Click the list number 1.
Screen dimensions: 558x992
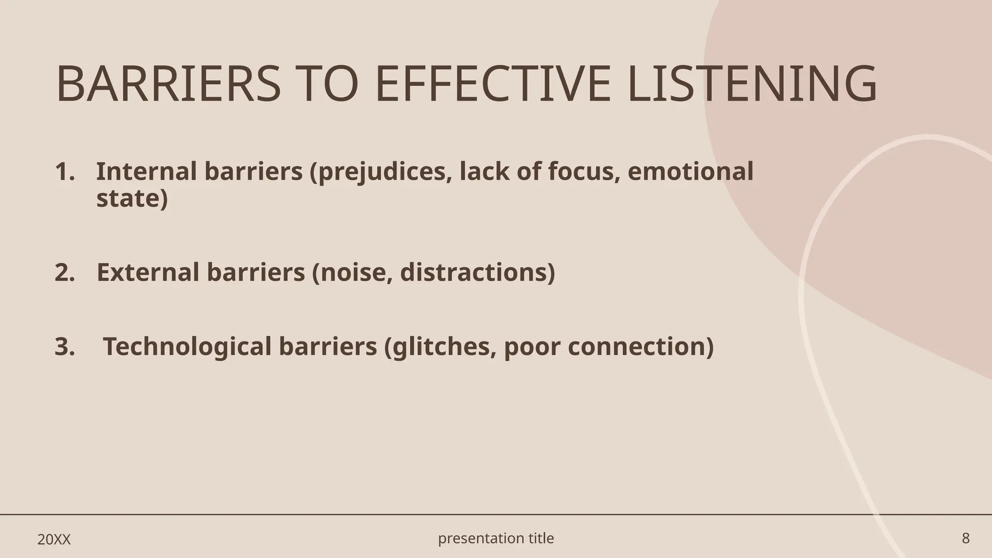tap(64, 172)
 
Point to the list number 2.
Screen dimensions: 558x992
tap(64, 273)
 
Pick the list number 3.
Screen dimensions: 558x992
tap(64, 347)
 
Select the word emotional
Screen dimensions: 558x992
tap(690, 172)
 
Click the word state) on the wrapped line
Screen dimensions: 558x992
tap(132, 199)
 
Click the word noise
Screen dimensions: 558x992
tap(356, 273)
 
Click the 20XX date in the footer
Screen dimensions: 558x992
tap(54, 540)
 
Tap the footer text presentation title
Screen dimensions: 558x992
tap(496, 538)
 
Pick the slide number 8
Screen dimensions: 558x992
tap(965, 539)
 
